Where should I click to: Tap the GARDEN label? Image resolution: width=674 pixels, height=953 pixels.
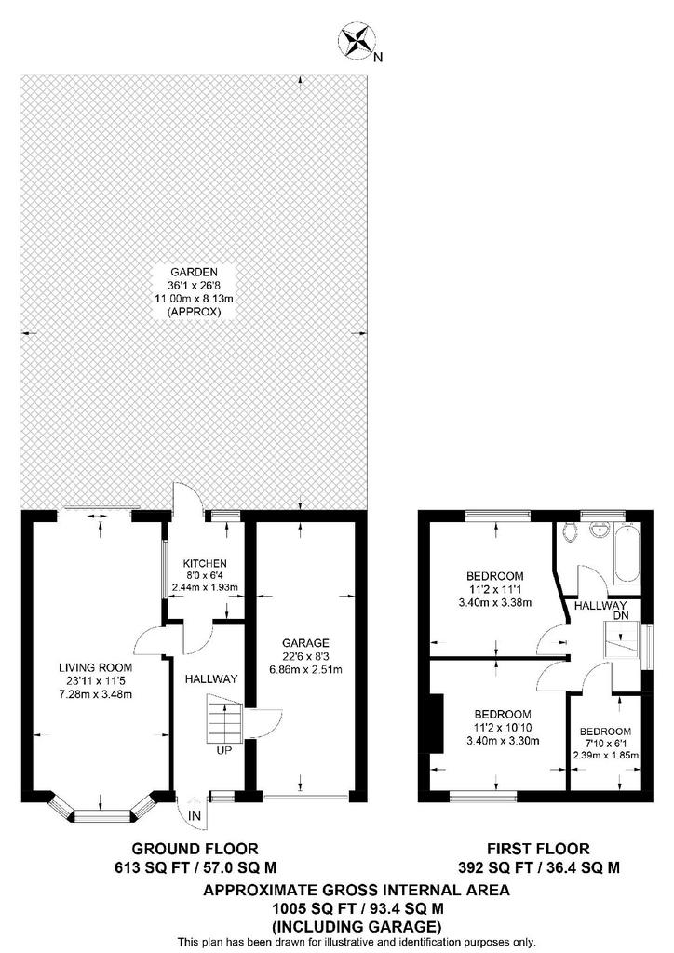coord(194,273)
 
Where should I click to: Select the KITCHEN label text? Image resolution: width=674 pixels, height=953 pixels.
coord(205,564)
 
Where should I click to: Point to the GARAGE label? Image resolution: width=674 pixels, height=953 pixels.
coord(305,643)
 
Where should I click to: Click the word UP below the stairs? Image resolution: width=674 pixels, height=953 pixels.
coord(224,751)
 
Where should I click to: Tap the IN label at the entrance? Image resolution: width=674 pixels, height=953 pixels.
coord(194,816)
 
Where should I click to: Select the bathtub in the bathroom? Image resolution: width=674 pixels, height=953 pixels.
coord(626,554)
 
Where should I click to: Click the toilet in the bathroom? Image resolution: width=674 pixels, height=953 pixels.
coord(570,531)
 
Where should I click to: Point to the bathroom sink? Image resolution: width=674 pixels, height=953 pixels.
coord(599,530)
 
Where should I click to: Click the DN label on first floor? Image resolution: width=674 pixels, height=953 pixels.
coord(619,615)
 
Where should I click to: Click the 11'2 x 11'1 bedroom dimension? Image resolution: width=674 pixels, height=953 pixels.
coord(494,589)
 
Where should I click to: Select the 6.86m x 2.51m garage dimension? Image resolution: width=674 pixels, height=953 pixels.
coord(304,670)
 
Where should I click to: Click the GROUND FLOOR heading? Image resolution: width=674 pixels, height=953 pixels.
coord(195,849)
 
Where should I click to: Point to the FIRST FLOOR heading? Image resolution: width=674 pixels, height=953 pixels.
coord(538,849)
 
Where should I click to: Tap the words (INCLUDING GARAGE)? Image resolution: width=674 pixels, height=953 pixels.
coord(357,928)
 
